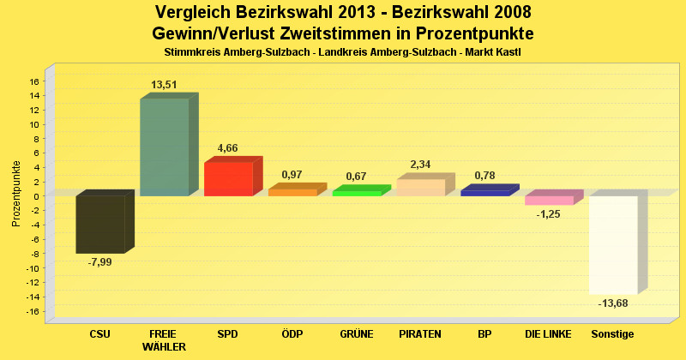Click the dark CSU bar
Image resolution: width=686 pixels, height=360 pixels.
click(100, 224)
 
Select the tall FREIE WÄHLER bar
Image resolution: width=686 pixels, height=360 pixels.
click(164, 147)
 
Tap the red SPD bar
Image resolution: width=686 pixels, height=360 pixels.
click(228, 179)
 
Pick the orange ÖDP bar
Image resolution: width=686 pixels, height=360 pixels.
click(292, 192)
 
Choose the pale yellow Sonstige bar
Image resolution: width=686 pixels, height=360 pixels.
click(613, 245)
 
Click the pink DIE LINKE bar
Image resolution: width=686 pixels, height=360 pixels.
click(549, 200)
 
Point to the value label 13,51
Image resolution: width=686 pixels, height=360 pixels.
click(164, 85)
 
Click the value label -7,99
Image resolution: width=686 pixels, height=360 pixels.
click(100, 261)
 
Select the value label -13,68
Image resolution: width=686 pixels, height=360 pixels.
click(613, 303)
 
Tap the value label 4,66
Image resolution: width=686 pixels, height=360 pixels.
click(228, 147)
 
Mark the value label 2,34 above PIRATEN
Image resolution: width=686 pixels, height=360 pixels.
click(420, 164)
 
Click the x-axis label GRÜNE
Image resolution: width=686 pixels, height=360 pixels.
click(356, 333)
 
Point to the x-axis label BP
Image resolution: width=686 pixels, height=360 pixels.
click(484, 333)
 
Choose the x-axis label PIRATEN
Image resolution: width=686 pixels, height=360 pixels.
click(420, 333)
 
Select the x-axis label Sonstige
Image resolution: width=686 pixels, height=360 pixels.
click(613, 333)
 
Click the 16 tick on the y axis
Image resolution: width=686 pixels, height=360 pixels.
click(33, 81)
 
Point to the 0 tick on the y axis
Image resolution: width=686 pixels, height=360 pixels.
click(35, 196)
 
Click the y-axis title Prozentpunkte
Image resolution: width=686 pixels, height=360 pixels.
click(16, 194)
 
